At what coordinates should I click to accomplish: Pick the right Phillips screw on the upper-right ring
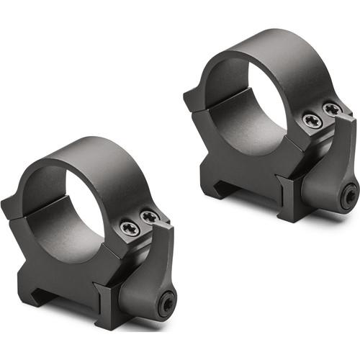point(332,109)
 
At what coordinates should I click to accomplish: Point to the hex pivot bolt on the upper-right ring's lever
point(349,194)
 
